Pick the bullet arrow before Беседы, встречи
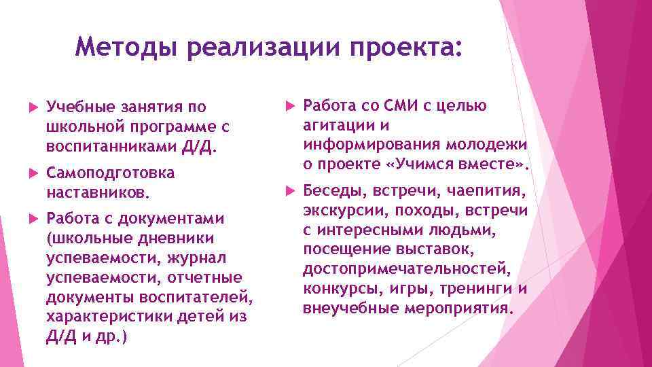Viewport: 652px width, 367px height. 288,192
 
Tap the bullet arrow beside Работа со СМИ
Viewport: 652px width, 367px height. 288,107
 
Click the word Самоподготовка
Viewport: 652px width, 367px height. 111,173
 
